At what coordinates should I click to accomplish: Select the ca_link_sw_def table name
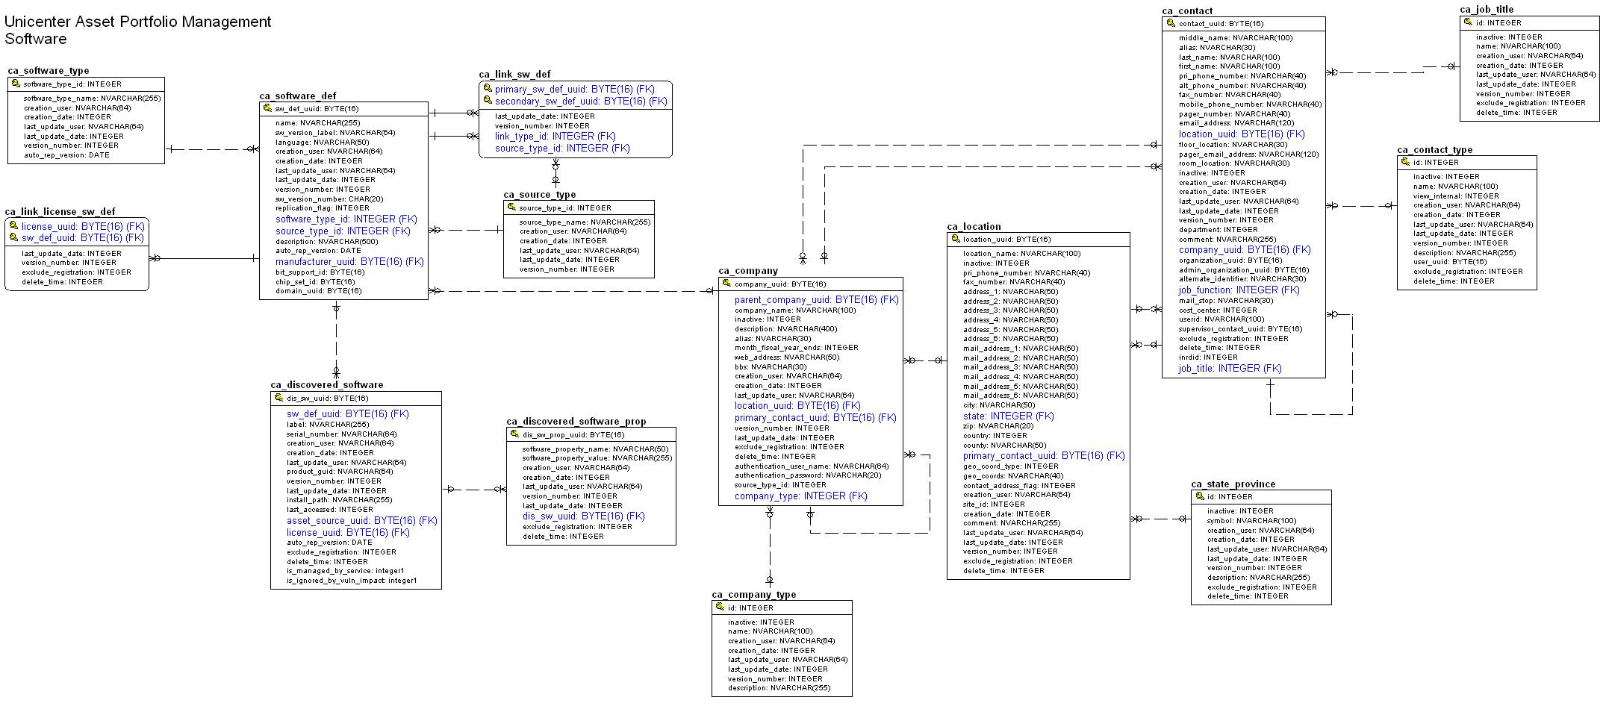click(514, 74)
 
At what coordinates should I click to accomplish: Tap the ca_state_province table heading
click(1233, 484)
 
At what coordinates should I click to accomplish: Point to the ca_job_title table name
click(1487, 10)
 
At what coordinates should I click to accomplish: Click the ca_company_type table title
click(753, 595)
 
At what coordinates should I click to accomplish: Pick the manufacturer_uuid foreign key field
click(349, 262)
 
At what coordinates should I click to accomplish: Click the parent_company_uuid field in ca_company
click(816, 300)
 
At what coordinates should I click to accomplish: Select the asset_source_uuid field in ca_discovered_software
click(361, 521)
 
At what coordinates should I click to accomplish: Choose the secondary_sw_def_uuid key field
click(580, 101)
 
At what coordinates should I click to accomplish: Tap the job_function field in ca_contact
click(1239, 290)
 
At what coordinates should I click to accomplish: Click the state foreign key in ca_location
click(1008, 416)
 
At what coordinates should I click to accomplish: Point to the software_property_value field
click(597, 458)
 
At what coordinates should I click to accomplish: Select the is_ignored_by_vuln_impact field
click(352, 581)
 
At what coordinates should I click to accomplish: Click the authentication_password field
click(807, 475)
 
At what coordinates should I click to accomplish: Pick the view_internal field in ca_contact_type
click(1456, 196)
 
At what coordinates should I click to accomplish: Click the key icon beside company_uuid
click(726, 284)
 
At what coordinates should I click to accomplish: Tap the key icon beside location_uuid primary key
click(955, 239)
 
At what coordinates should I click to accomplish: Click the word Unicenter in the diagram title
click(38, 22)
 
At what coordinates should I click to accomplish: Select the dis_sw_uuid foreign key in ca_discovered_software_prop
click(583, 516)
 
